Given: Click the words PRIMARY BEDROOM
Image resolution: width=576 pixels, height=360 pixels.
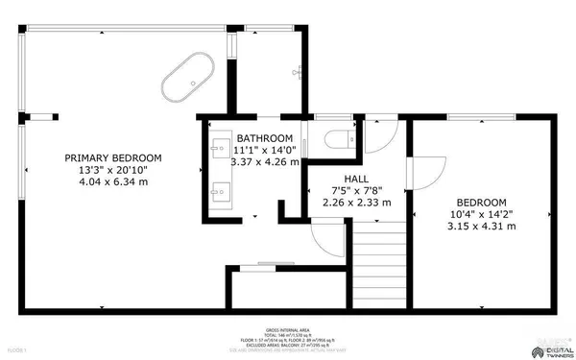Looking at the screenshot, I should (x=112, y=158).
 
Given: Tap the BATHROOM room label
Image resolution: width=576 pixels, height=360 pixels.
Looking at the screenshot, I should (x=265, y=138).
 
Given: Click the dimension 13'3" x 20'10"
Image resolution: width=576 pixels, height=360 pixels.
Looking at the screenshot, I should (x=112, y=170).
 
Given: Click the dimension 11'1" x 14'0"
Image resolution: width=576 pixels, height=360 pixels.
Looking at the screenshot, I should (x=265, y=150).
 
